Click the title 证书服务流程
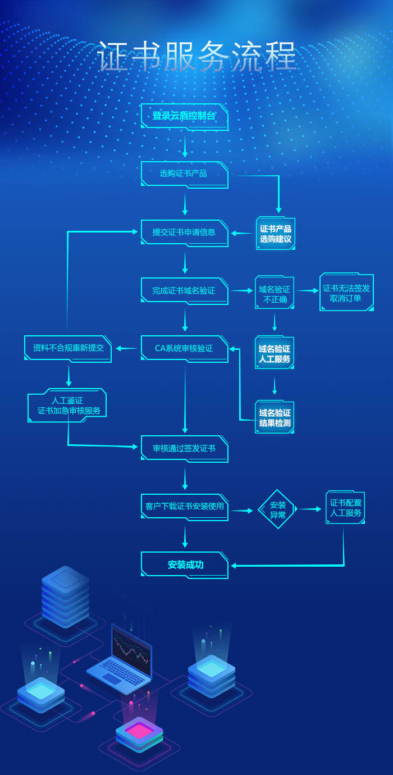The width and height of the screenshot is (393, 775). (x=196, y=57)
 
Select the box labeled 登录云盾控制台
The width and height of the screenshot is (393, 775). (x=184, y=116)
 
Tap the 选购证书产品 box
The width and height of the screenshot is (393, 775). (x=184, y=174)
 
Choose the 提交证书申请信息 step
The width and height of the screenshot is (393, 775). (x=184, y=233)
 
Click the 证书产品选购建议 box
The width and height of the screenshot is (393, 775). (x=275, y=234)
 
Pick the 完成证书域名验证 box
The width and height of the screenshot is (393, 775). (x=184, y=291)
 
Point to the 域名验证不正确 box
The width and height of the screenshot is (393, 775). (x=275, y=294)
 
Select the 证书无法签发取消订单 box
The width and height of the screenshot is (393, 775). (x=346, y=293)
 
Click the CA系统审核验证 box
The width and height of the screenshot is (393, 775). (x=184, y=349)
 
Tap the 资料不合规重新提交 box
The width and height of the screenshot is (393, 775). (x=68, y=348)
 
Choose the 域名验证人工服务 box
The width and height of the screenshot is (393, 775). (x=275, y=353)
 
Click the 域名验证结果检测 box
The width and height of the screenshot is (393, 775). (x=275, y=417)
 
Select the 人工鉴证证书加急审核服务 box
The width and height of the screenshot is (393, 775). (x=67, y=405)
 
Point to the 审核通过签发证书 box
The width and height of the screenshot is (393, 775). (x=184, y=449)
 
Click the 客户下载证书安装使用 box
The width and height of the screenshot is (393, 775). (x=184, y=507)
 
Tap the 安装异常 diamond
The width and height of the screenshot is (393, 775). (x=277, y=509)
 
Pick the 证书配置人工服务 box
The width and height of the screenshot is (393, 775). (x=345, y=508)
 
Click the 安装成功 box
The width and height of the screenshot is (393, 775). (x=184, y=565)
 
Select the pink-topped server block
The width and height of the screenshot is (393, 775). (x=139, y=731)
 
